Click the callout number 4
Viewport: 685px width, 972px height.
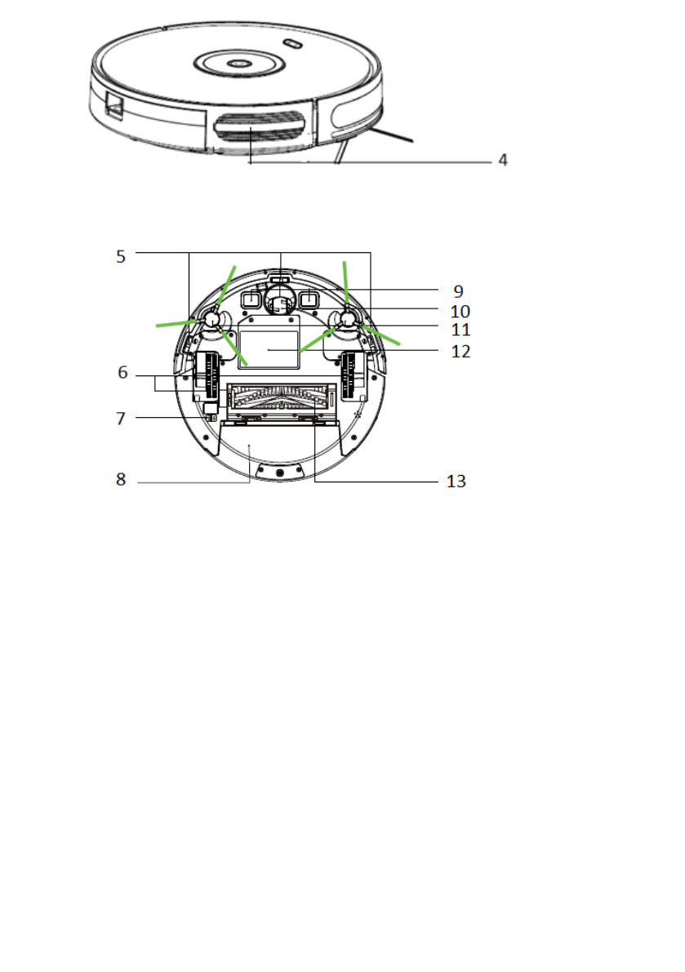pos(503,161)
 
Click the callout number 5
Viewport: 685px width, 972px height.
pos(121,256)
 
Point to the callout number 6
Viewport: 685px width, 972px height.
pos(122,372)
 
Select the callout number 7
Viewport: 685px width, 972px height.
pos(121,419)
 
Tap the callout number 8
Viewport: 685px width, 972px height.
pos(121,480)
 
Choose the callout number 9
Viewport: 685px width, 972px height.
pos(458,291)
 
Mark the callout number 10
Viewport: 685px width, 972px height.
pos(460,311)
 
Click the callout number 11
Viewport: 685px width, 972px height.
pos(460,330)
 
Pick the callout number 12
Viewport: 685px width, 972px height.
pos(460,352)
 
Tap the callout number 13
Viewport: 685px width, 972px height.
pos(456,482)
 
